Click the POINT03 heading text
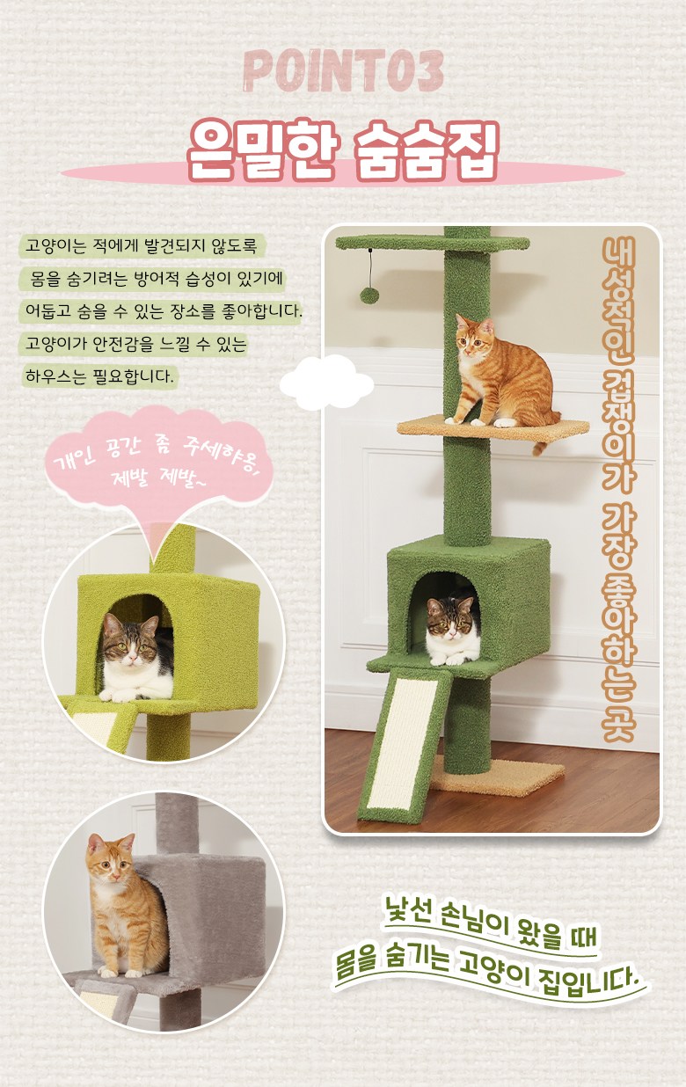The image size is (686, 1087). click(x=344, y=71)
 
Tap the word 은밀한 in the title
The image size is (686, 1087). click(x=262, y=150)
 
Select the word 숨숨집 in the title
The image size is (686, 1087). click(x=426, y=150)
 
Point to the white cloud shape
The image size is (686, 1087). click(x=326, y=383)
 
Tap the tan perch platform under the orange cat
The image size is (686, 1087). click(x=493, y=428)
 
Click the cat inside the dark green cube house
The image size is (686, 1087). click(x=453, y=630)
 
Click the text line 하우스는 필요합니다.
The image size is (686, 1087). click(x=99, y=376)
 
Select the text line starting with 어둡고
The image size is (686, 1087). click(x=163, y=311)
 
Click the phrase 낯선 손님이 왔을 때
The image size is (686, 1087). click(x=489, y=919)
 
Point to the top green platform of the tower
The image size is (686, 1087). click(x=433, y=243)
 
